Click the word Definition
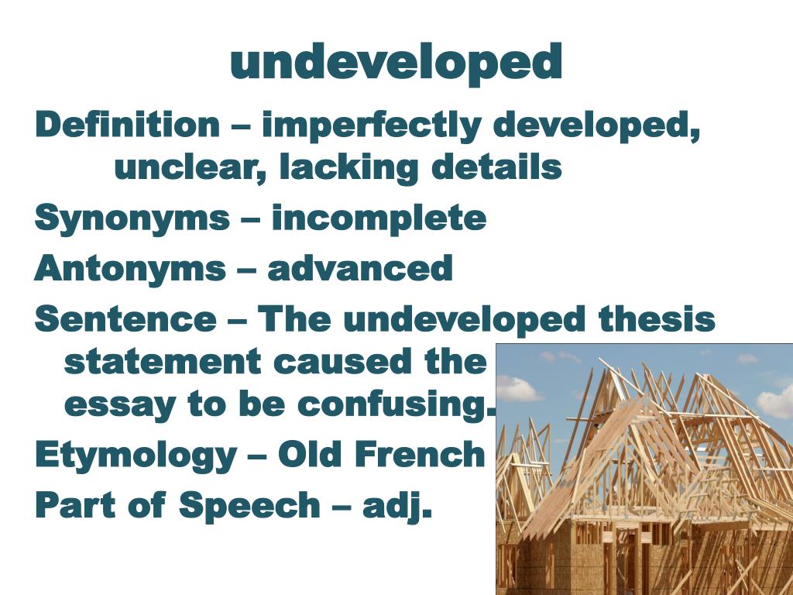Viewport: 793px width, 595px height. [x=128, y=126]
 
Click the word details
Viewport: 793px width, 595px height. [x=496, y=168]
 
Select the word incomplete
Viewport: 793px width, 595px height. [x=379, y=218]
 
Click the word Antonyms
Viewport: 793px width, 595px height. [x=129, y=269]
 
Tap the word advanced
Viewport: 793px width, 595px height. [x=360, y=269]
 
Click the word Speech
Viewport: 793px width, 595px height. [x=249, y=506]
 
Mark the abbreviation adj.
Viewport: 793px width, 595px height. [x=397, y=507]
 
